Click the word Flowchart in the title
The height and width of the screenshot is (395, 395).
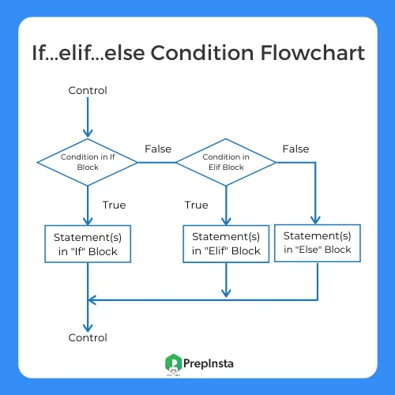coord(313,53)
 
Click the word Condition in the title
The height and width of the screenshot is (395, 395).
coord(202,53)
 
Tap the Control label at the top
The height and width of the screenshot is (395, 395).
coord(88,90)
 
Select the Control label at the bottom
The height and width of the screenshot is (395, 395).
coord(88,337)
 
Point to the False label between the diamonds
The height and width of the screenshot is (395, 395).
coord(158,149)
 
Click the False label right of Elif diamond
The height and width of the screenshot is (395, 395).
coord(295,149)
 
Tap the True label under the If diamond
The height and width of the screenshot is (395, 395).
coord(114,205)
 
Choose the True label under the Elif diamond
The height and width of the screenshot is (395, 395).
coord(196,205)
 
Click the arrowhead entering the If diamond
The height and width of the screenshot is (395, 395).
coord(88,134)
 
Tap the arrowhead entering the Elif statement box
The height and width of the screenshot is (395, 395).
coord(226,221)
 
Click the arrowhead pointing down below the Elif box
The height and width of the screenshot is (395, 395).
coord(226,293)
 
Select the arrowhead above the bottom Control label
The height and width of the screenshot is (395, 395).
coord(88,328)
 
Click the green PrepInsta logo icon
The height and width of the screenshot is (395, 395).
coord(173,363)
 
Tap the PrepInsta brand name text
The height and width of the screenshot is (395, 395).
coord(209,364)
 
